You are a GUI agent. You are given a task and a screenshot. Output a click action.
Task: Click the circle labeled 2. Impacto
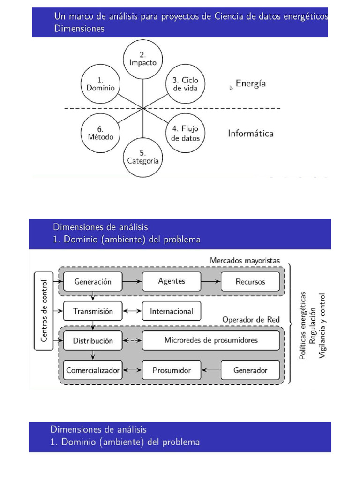142,58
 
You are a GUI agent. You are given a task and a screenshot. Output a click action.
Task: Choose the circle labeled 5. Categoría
142,157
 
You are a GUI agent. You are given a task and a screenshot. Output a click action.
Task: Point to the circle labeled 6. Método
100,133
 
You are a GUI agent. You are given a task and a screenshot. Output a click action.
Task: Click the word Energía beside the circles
251,84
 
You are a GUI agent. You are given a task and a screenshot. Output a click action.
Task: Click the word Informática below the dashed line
251,134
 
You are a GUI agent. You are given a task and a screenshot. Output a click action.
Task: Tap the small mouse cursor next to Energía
231,88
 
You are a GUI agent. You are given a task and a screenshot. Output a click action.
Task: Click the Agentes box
171,281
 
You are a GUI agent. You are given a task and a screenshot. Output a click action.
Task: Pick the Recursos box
250,282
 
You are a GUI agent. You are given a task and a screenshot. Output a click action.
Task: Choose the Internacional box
171,311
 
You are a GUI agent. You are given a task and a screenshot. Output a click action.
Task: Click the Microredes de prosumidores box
210,340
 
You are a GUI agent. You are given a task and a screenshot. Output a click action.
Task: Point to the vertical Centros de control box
44,310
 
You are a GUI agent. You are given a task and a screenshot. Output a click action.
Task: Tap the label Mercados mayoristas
244,260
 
